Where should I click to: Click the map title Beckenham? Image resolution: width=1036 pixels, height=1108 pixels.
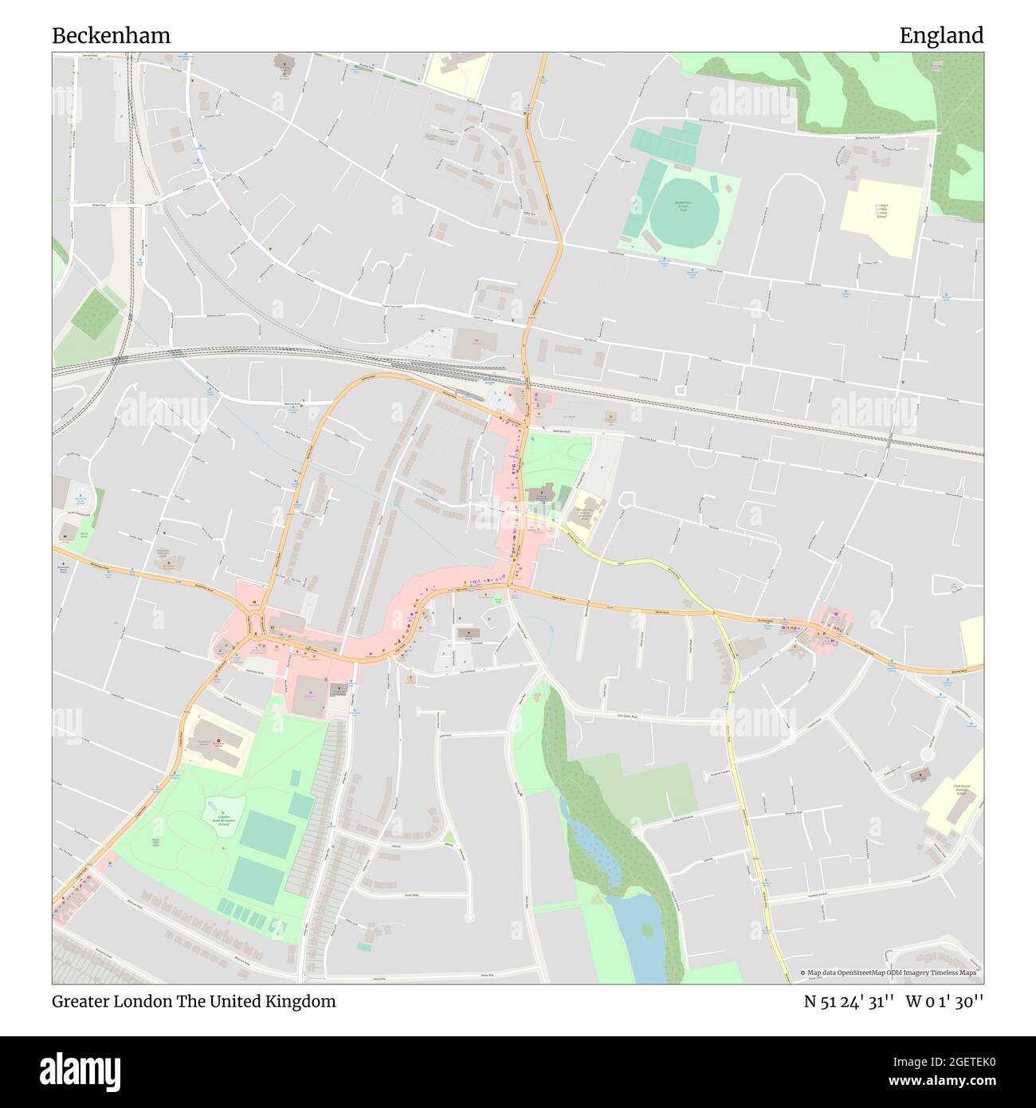point(111,36)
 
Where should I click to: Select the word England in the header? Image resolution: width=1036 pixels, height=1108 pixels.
point(941,36)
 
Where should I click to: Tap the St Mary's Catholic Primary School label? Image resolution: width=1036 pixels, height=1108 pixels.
point(881,212)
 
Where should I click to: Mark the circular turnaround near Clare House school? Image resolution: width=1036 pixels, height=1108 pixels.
point(927,752)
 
